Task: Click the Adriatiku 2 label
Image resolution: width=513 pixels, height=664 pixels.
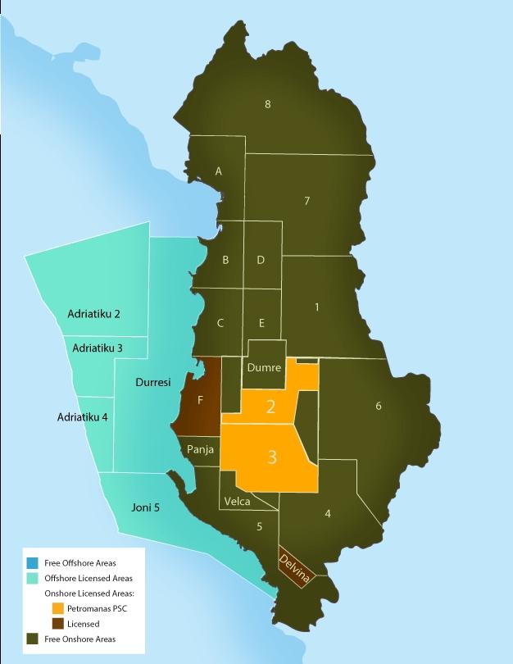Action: (93, 314)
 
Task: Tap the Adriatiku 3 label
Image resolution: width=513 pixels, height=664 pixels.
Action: (98, 348)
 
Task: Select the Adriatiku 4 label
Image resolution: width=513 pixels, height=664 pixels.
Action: (82, 417)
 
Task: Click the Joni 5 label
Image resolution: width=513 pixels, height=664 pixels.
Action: (145, 507)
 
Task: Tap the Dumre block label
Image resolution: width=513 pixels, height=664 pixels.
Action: (264, 368)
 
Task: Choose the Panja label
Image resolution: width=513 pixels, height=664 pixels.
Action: (201, 449)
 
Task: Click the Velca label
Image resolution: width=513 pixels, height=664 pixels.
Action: (237, 502)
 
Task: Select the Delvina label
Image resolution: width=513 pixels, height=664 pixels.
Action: (295, 564)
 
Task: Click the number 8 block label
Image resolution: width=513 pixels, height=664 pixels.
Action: (267, 103)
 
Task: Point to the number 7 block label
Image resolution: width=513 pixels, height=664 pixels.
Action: (306, 201)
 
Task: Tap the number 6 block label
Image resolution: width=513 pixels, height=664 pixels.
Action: (378, 406)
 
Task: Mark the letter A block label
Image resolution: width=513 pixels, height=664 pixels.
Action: (218, 171)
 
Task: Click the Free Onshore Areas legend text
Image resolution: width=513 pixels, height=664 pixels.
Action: (79, 639)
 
